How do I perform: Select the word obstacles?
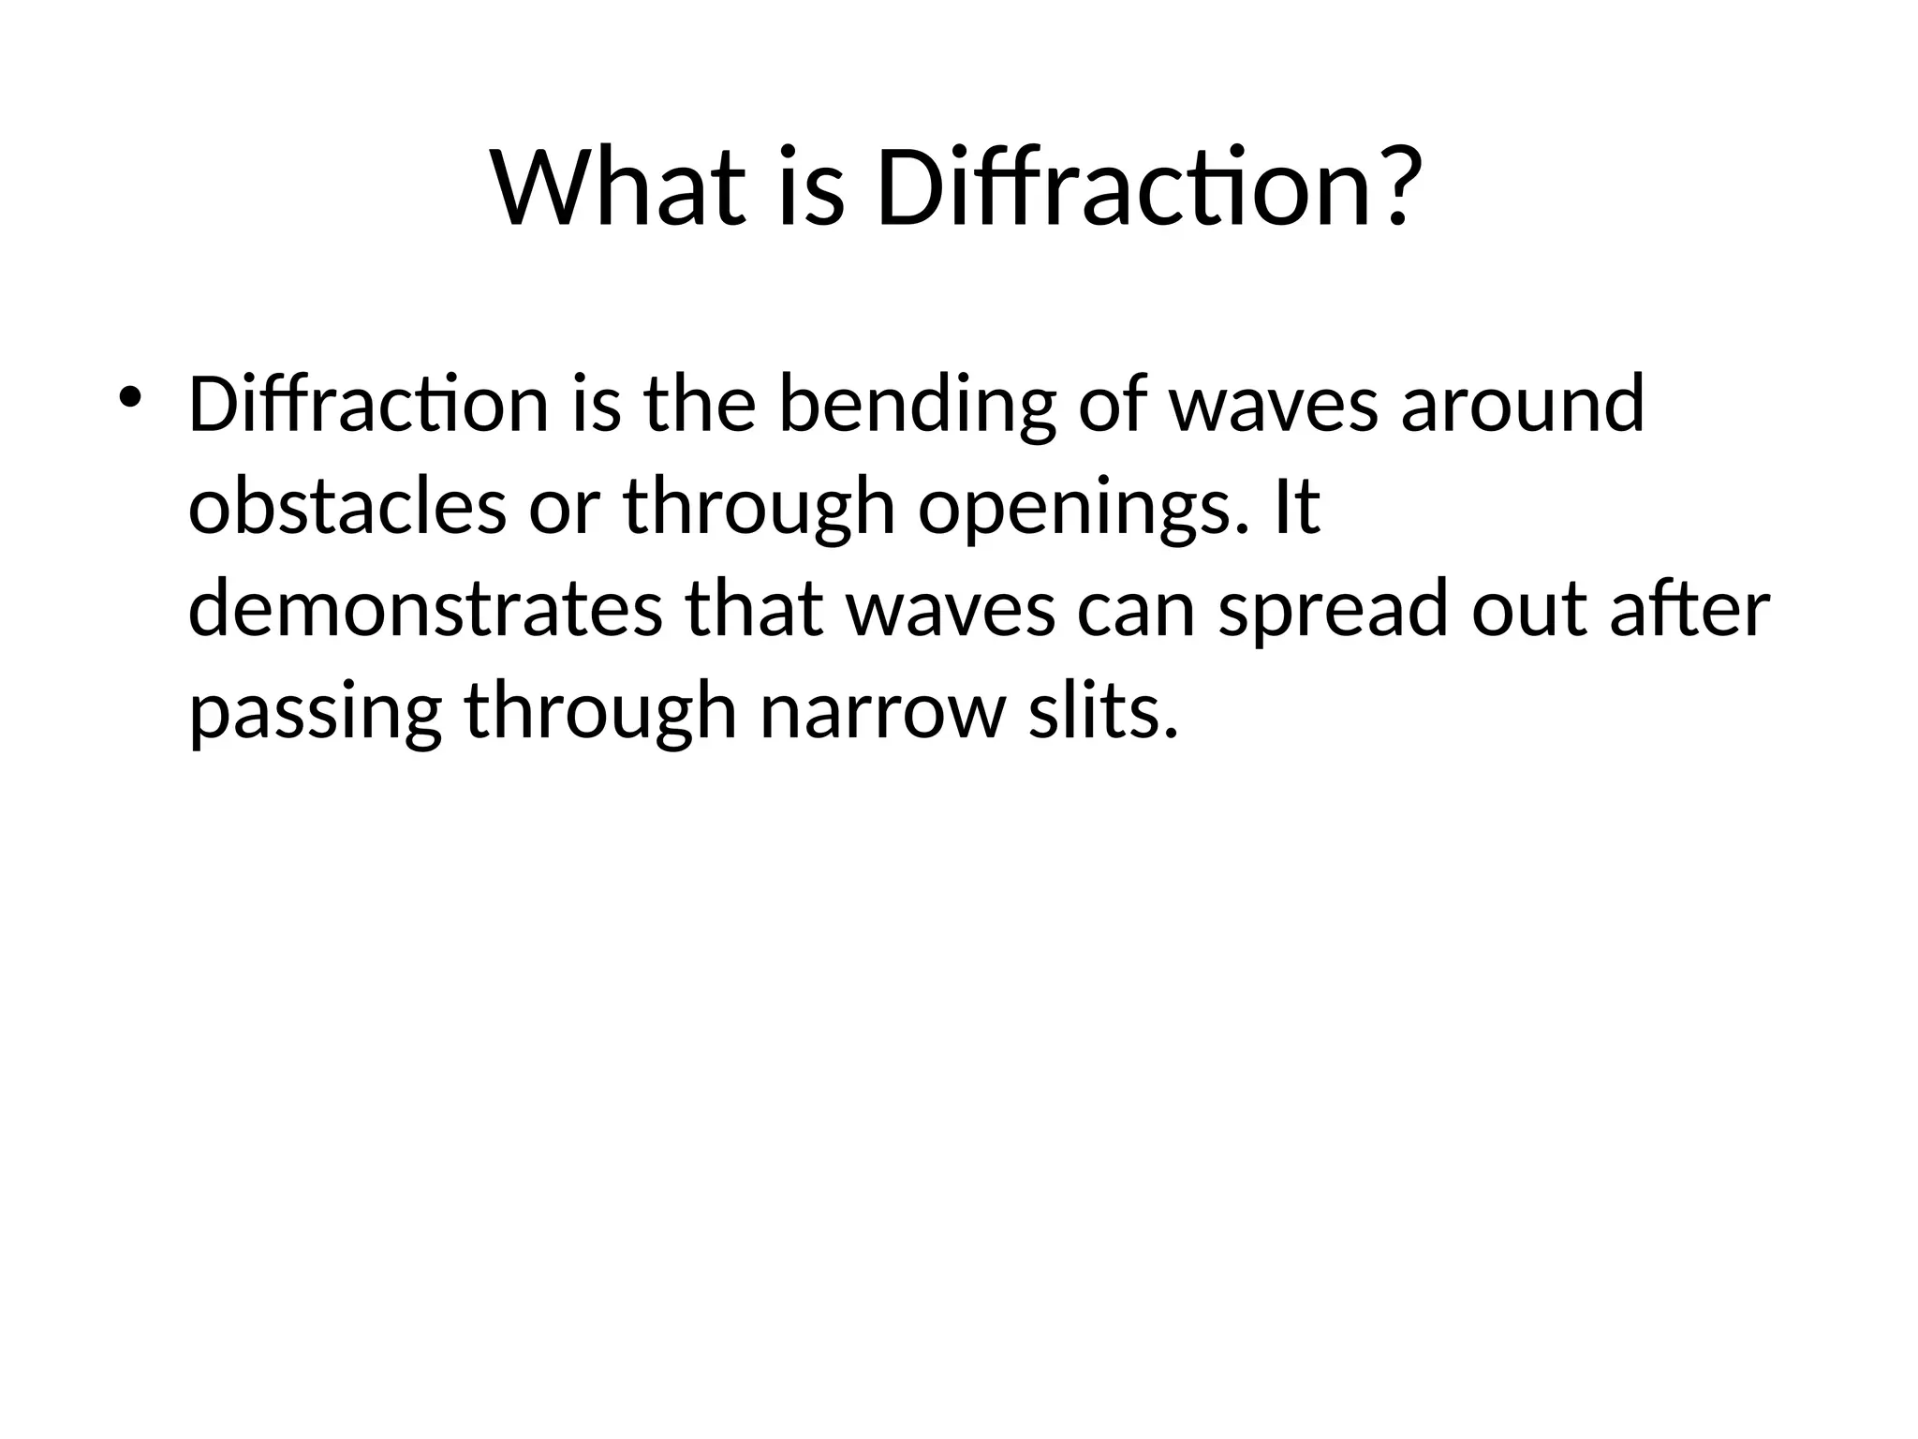(x=347, y=507)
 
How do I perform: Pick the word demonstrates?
(x=425, y=610)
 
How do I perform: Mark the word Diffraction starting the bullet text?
(x=368, y=405)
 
